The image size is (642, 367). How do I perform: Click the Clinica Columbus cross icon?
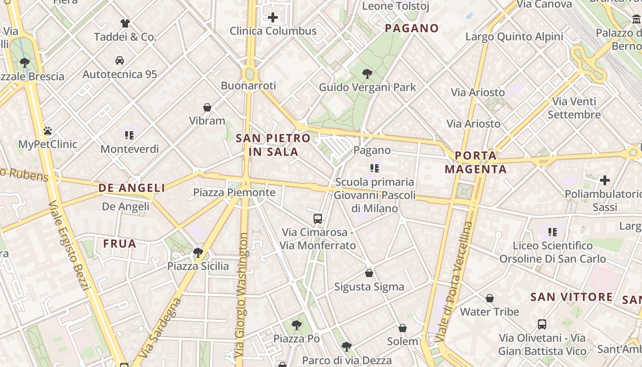273,18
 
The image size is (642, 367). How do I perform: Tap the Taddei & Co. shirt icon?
125,23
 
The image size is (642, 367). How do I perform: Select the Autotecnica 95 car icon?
120,61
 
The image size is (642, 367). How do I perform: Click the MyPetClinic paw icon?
48,131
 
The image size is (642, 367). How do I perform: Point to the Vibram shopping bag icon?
207,107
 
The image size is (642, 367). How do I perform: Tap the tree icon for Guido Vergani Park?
367,73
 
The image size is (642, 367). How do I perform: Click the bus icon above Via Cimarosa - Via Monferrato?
318,218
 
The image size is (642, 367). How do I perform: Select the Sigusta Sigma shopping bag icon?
369,273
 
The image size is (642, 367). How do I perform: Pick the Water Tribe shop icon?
490,298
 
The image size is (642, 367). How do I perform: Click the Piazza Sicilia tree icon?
198,252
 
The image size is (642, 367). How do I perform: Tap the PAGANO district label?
412,28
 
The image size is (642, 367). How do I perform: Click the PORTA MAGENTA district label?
476,162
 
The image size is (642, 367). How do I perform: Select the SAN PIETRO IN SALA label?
273,145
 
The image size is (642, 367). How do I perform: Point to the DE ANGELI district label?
132,188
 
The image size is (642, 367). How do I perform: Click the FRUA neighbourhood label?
120,244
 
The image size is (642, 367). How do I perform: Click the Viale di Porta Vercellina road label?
455,282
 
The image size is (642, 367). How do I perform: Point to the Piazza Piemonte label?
234,192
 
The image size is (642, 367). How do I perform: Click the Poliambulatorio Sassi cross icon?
605,180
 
